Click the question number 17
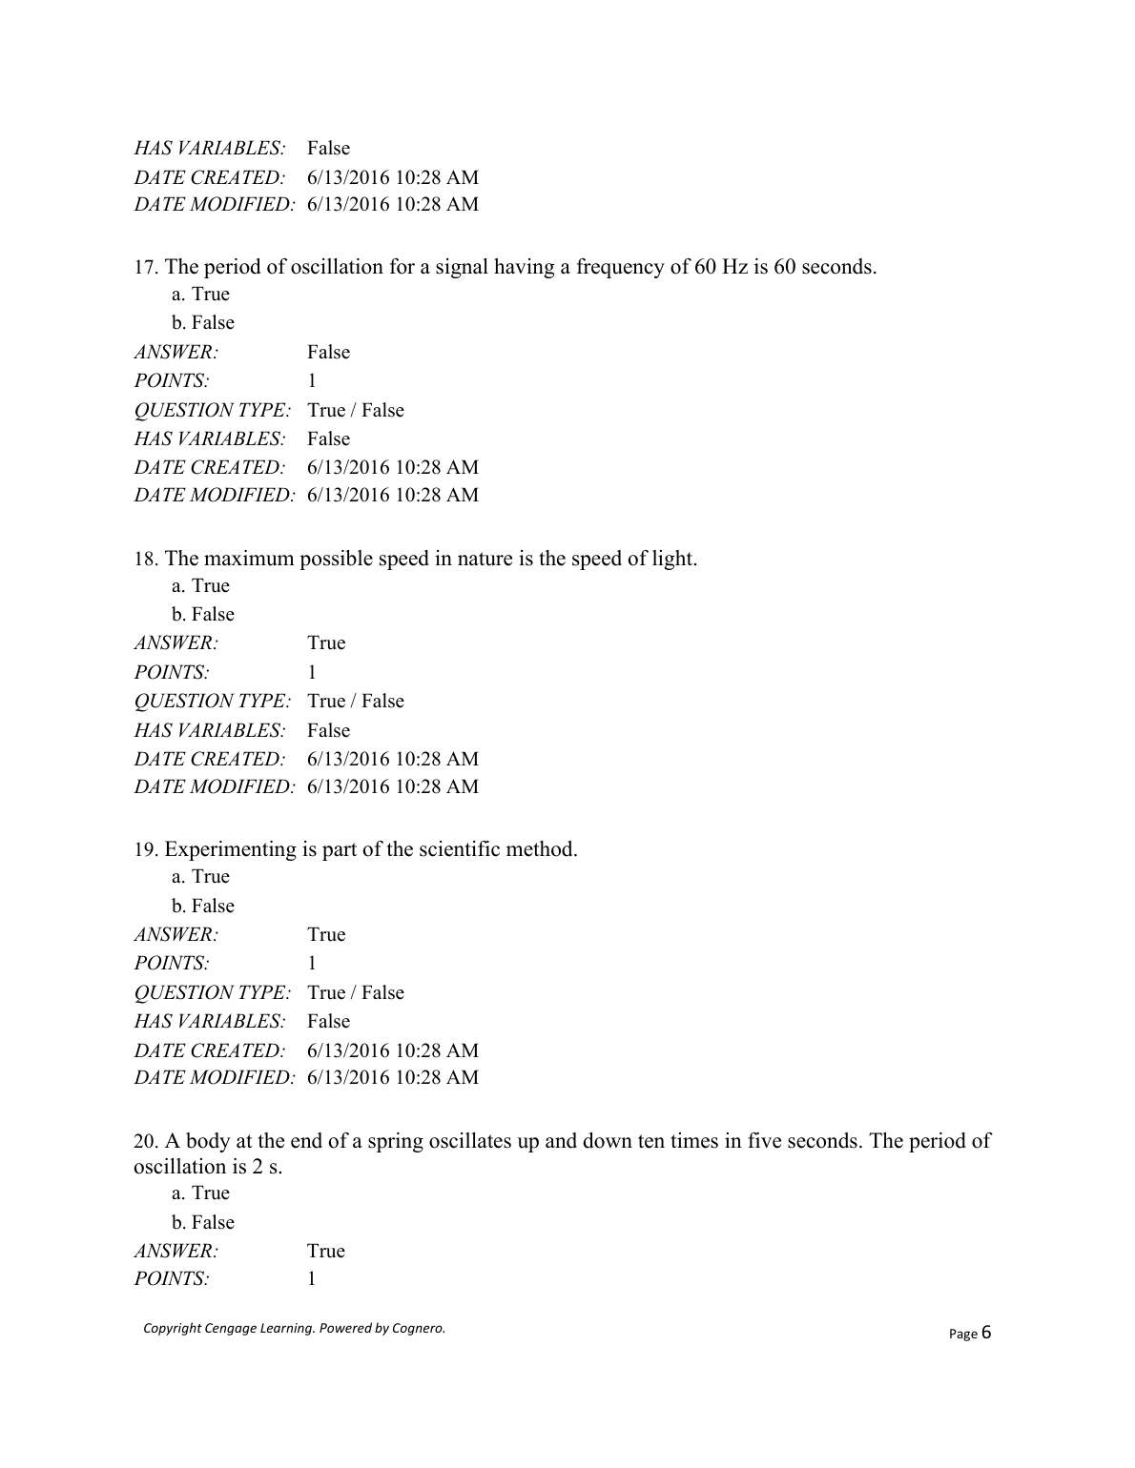click(146, 267)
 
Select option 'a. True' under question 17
click(200, 295)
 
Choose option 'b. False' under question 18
click(202, 614)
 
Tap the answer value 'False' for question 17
click(328, 353)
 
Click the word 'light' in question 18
click(671, 559)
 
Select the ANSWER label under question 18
click(176, 643)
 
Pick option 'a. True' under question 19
click(200, 877)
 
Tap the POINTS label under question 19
click(172, 964)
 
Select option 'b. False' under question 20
click(202, 1222)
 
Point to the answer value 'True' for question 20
click(325, 1251)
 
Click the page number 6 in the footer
click(986, 1332)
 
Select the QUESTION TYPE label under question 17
click(212, 411)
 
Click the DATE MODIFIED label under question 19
click(214, 1078)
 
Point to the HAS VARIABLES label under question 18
click(210, 731)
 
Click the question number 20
click(146, 1141)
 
